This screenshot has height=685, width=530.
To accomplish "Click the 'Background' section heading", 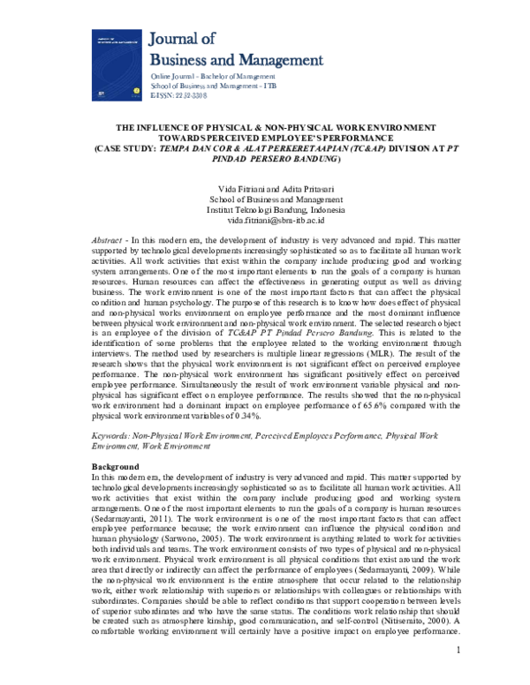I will pyautogui.click(x=116, y=466).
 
